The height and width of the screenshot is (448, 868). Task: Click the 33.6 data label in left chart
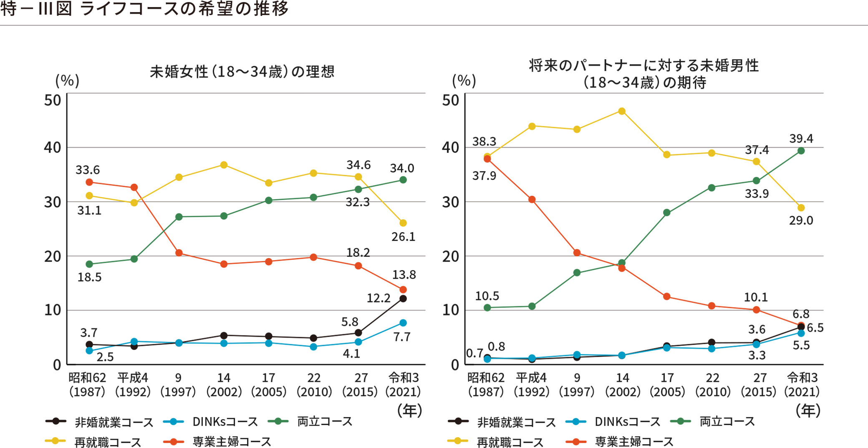tap(88, 170)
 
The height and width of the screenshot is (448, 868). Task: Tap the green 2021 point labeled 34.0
tap(403, 180)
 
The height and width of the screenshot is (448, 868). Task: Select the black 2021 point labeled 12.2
tap(403, 298)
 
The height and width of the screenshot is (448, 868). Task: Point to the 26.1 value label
tap(403, 237)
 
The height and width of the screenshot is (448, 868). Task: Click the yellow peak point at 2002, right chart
tap(621, 111)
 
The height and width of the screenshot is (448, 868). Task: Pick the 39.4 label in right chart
tap(801, 138)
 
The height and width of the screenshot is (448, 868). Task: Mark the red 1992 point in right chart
tap(532, 200)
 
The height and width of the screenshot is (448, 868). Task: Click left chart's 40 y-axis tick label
tap(53, 148)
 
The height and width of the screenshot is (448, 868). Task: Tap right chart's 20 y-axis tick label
tap(451, 256)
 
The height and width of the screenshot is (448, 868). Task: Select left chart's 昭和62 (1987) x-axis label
tap(87, 385)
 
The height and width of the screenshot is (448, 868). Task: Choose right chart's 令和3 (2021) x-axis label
tap(802, 385)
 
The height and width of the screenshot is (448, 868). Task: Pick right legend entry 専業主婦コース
tap(634, 442)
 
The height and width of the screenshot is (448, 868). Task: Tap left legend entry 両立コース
tap(325, 422)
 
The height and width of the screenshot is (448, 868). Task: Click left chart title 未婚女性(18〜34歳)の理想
tap(242, 72)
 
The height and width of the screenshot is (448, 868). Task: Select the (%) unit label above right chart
tap(464, 80)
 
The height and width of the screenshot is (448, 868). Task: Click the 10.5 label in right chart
tap(487, 296)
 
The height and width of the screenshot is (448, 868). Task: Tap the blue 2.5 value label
tap(105, 357)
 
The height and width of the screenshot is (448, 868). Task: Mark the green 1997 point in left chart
tap(179, 217)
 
